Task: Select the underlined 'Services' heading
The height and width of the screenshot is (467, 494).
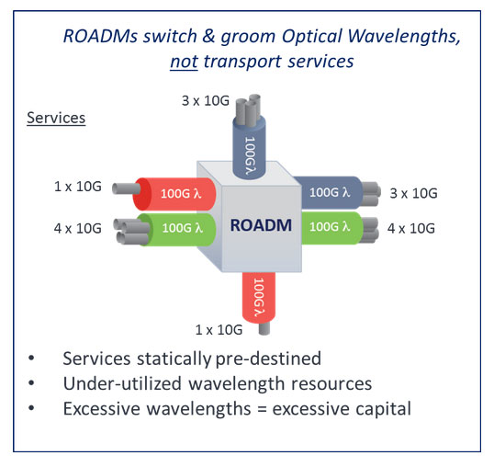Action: click(56, 120)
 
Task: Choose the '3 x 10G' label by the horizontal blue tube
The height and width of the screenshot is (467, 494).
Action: click(410, 194)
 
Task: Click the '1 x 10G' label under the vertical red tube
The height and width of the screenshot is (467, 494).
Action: click(218, 327)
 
